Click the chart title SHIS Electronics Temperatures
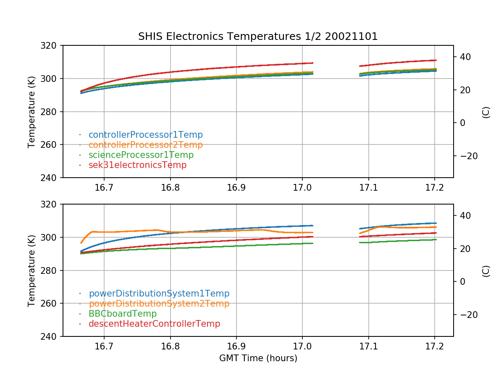click(258, 37)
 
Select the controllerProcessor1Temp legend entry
click(145, 135)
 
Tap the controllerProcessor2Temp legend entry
click(145, 145)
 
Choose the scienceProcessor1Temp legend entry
click(141, 155)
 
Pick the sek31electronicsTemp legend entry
click(137, 165)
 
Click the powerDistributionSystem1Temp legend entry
click(159, 294)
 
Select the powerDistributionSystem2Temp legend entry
click(159, 304)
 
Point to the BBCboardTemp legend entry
click(122, 314)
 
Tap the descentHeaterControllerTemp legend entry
click(154, 324)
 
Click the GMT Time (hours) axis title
click(258, 358)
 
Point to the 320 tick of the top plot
click(50, 45)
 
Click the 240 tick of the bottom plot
click(50, 336)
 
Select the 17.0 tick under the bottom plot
click(302, 346)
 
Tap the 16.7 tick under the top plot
click(104, 187)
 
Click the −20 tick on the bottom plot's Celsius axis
click(465, 315)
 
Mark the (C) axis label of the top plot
click(486, 112)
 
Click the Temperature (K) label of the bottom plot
click(31, 270)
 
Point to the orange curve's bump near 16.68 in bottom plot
click(92, 231)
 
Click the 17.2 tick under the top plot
click(434, 187)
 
